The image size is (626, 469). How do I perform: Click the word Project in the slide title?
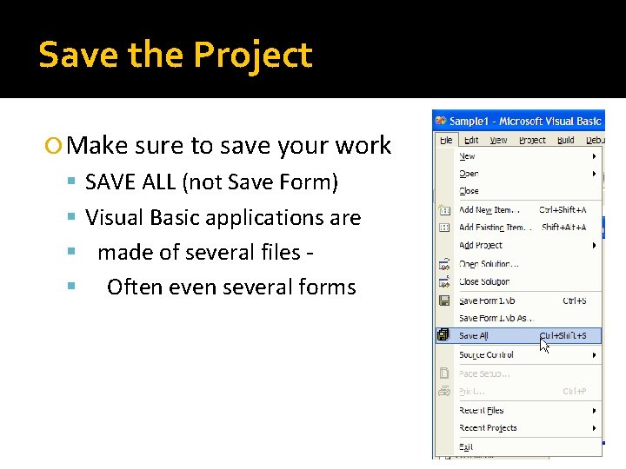pos(252,55)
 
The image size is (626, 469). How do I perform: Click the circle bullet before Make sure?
pos(57,146)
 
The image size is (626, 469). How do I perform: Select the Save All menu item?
pos(474,336)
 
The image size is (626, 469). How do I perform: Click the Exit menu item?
pos(467,446)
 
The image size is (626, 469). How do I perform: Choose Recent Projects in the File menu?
pos(488,428)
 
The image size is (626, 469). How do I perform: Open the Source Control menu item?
pos(486,355)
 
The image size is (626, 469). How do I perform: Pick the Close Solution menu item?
pos(484,282)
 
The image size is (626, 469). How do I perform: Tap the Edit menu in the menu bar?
pos(471,140)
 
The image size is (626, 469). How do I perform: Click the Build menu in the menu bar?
pos(566,140)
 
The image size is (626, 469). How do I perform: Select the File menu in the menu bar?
pos(446,140)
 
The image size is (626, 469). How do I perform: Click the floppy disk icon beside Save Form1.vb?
pos(444,301)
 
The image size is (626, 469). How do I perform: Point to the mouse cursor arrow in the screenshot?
pos(544,345)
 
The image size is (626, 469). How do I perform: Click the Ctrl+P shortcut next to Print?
pos(574,392)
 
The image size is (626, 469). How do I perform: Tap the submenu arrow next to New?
pos(595,156)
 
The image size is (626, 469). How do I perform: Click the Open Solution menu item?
pos(488,264)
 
